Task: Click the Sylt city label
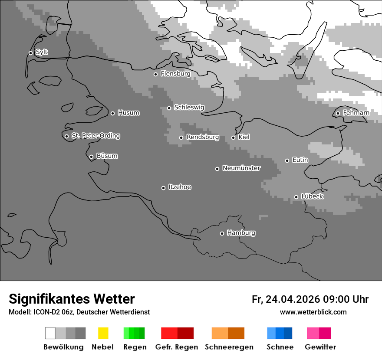[42, 52]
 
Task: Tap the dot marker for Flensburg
[155, 74]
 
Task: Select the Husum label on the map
[128, 113]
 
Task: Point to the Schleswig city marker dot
[169, 108]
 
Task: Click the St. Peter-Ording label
[95, 136]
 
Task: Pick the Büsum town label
[107, 156]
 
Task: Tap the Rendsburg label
[202, 137]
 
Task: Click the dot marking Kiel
[233, 137]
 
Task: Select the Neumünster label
[241, 168]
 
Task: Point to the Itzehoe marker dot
[163, 188]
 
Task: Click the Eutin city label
[300, 160]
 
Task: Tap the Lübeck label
[312, 196]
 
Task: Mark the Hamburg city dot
[222, 233]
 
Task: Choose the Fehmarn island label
[356, 113]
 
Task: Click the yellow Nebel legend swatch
[103, 333]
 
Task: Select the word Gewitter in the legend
[320, 347]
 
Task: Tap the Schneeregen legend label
[229, 347]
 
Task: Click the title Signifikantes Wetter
[72, 299]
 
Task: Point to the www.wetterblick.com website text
[313, 312]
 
